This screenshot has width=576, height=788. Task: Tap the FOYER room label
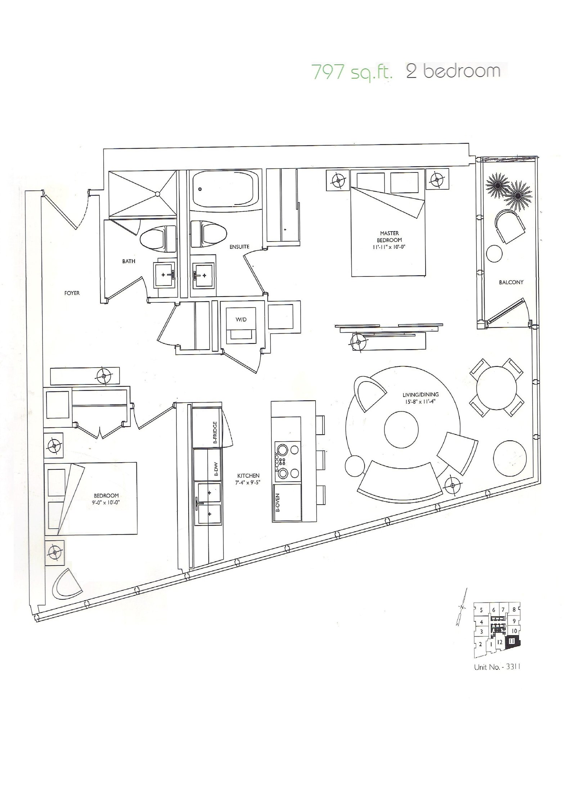coord(72,293)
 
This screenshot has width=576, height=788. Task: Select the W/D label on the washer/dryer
coord(241,320)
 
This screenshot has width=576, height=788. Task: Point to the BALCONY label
coord(511,282)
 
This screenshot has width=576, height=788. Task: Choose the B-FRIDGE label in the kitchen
coord(215,432)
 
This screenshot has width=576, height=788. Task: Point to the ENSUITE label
coord(239,247)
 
